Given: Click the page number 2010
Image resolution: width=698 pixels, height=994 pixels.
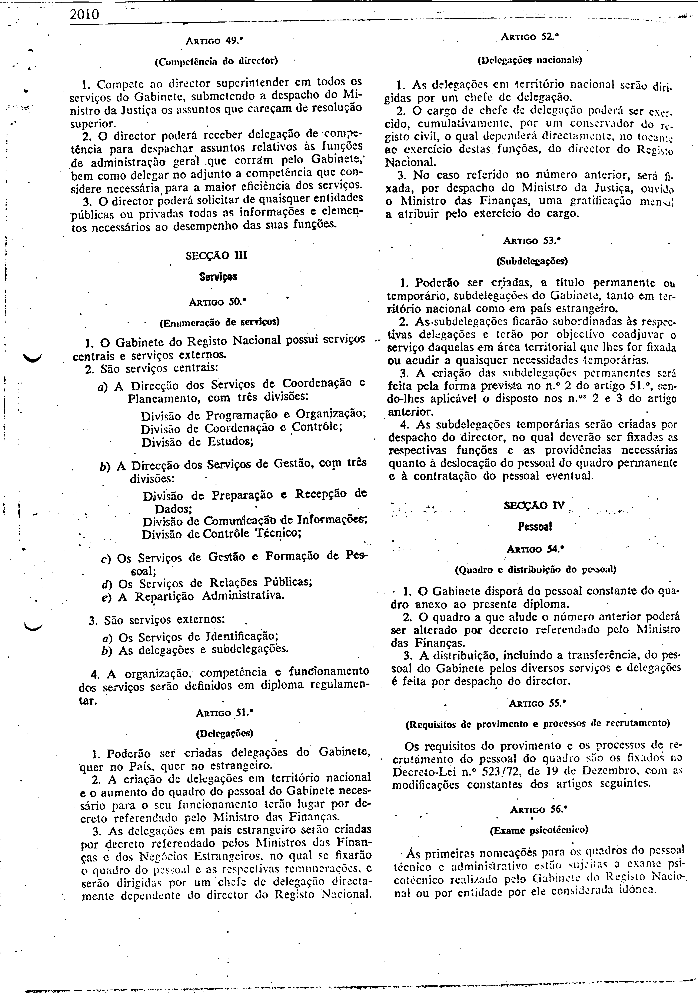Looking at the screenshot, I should point(84,15).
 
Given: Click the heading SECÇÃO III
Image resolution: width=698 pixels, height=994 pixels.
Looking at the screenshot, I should point(216,256).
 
